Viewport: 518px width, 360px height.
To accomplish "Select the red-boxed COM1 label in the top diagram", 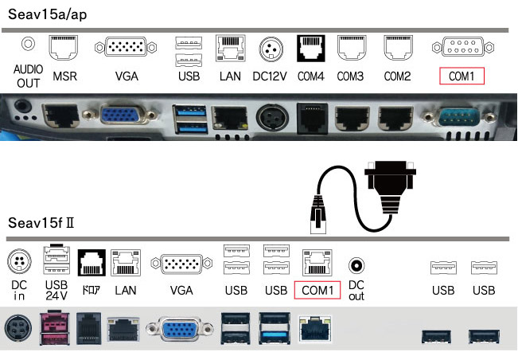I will click(462, 76).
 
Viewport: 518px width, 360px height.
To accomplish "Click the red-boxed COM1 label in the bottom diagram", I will click(317, 290).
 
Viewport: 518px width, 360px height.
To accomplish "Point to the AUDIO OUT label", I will click(29, 76).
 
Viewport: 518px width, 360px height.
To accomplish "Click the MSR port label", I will click(64, 76).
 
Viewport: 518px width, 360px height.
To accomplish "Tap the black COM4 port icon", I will click(308, 48).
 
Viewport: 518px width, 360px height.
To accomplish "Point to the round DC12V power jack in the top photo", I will click(271, 119).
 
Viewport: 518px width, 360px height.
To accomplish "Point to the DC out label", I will click(356, 290).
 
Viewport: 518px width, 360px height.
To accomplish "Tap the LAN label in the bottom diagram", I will click(126, 291).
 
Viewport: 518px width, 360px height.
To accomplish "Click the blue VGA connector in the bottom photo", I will click(183, 330).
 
